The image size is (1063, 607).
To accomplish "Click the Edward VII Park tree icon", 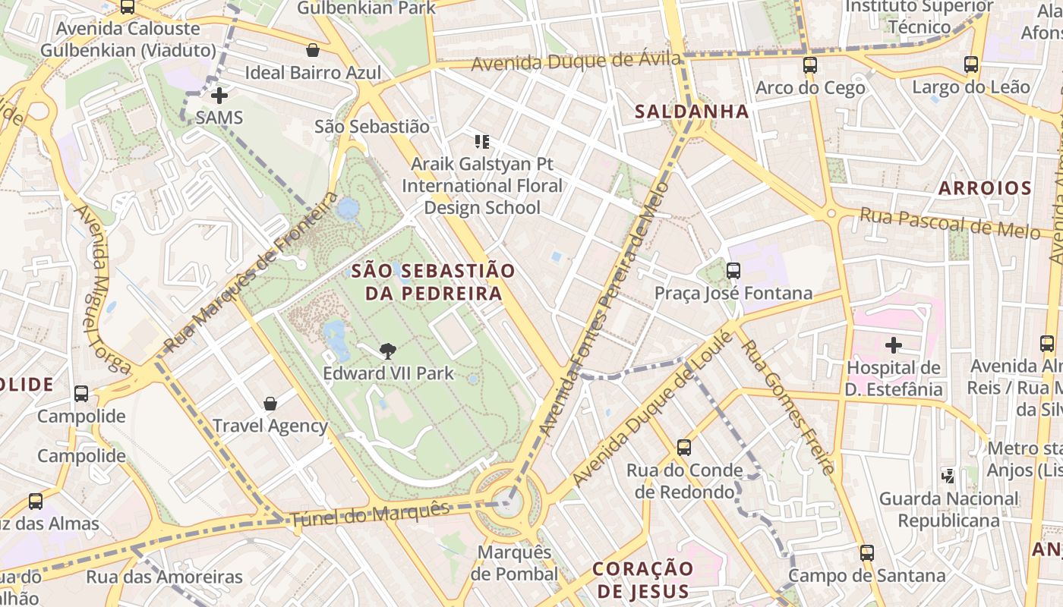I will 388,351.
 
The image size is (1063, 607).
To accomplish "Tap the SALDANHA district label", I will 692,112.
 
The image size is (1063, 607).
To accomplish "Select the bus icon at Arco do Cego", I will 810,65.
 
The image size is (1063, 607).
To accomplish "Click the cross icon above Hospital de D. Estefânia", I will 894,346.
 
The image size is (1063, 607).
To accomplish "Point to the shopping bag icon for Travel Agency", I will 270,403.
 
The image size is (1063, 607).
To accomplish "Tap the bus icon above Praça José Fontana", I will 733,270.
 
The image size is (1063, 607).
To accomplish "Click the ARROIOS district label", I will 985,188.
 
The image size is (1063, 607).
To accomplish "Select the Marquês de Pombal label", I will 514,562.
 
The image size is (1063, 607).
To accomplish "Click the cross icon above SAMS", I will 219,96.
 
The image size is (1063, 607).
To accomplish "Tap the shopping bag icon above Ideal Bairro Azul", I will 312,51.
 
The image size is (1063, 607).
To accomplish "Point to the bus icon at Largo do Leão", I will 970,64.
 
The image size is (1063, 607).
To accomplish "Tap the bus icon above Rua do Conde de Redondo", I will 684,448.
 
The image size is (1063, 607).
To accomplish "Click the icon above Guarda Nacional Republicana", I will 948,476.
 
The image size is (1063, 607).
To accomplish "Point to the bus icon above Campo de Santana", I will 867,553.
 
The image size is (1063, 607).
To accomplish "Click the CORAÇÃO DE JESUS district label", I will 642,580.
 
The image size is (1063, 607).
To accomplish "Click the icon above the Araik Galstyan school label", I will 482,141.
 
